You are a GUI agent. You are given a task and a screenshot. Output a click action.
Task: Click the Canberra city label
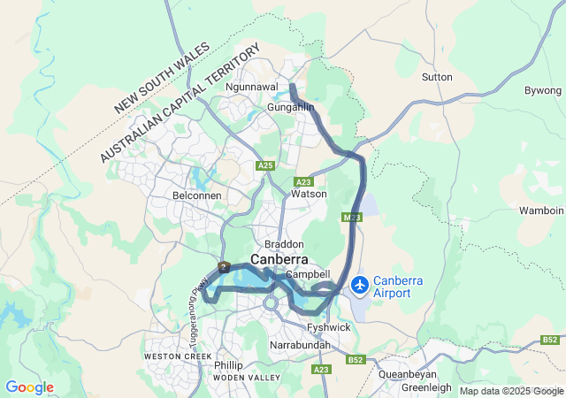(279, 260)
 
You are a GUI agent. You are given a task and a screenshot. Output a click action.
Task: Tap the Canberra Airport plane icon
(360, 285)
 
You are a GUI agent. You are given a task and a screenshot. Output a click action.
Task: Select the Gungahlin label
(291, 107)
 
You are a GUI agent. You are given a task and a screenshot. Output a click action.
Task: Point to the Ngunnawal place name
(253, 88)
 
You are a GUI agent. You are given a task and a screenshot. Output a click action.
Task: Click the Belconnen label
(196, 195)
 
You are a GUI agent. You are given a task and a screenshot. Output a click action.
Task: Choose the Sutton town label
(437, 77)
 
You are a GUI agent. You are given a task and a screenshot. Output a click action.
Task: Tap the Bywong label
(543, 91)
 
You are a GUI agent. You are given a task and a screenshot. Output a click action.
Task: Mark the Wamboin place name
(542, 210)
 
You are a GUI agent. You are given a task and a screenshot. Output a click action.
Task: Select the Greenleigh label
(426, 387)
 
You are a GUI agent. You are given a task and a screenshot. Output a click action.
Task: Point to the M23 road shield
(351, 217)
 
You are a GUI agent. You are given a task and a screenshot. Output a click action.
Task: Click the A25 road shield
(265, 165)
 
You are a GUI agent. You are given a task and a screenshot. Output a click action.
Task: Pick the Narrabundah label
(300, 344)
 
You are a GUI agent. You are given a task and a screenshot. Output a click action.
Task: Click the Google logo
(29, 387)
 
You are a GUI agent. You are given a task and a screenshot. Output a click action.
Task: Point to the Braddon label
(284, 244)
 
